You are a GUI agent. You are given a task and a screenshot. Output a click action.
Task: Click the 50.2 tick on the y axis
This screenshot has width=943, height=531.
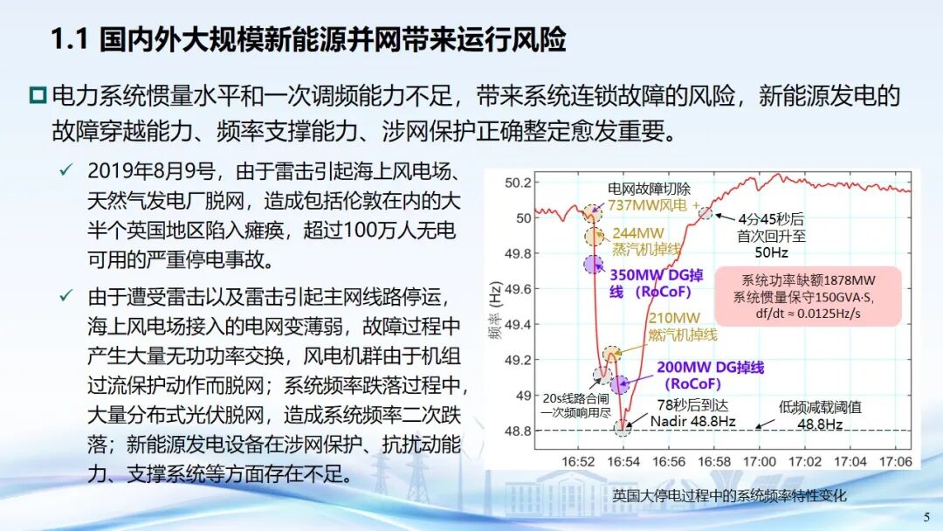(x=518, y=183)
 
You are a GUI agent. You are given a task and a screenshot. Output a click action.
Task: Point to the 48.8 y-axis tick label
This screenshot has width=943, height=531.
(x=518, y=431)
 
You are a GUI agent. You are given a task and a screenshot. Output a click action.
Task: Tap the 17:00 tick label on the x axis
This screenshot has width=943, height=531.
(x=759, y=462)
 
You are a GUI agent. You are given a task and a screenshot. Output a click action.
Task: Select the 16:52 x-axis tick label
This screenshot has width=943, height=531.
(x=578, y=462)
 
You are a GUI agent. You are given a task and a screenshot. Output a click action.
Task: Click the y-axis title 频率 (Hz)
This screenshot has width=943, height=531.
(x=495, y=311)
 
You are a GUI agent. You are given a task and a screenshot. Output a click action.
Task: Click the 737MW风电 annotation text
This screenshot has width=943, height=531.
(x=647, y=205)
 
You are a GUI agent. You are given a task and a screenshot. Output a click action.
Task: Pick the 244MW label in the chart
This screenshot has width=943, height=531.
(x=638, y=232)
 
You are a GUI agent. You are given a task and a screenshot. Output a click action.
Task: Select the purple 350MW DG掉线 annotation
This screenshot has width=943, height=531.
(x=656, y=283)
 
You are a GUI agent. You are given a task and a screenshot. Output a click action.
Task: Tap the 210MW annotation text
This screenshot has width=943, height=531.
(x=674, y=318)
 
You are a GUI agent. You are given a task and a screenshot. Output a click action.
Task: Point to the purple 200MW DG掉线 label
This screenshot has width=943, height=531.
(x=710, y=376)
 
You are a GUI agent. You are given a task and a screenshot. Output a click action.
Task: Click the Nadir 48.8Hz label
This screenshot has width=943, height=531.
(x=692, y=422)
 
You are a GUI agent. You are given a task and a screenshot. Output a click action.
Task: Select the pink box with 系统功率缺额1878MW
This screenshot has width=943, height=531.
(x=808, y=296)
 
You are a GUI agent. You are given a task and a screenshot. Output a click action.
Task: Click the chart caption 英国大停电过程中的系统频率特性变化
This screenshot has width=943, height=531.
(x=729, y=495)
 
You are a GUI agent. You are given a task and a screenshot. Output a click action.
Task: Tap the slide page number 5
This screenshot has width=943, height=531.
(x=926, y=516)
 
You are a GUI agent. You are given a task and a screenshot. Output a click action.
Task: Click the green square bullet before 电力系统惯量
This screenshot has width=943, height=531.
(x=38, y=95)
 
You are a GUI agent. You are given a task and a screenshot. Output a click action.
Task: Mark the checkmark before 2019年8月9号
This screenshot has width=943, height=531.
(x=65, y=170)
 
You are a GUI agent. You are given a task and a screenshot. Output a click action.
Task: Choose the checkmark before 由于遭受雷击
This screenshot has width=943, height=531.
(x=65, y=295)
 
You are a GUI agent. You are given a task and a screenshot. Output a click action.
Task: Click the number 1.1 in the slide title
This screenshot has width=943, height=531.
(x=70, y=39)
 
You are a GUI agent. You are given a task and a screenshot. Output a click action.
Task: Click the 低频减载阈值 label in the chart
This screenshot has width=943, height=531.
(x=820, y=407)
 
